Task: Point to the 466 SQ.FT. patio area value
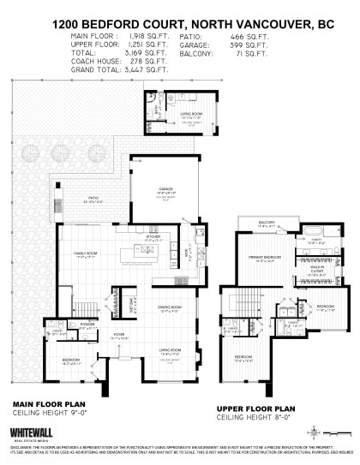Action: (231, 39)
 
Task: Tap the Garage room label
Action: (165, 188)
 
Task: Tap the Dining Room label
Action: (170, 310)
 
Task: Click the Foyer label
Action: (118, 335)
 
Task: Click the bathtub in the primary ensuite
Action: (310, 233)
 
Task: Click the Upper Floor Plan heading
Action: (268, 408)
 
